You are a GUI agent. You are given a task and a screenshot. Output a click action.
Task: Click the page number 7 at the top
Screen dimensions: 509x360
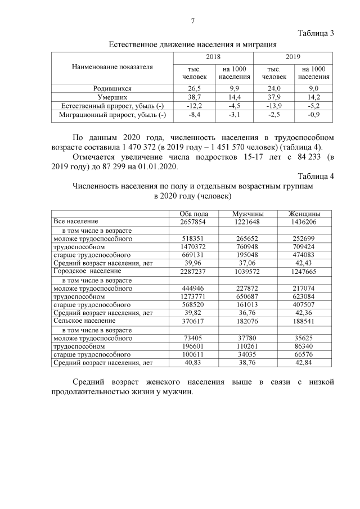192,21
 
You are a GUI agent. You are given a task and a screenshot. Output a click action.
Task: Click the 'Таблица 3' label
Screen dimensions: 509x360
316,33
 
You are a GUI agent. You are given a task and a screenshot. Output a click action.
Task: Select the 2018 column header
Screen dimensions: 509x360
213,57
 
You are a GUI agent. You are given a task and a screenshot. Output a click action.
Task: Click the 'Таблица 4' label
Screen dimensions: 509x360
316,177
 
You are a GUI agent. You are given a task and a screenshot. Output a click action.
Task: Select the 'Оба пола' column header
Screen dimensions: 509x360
193,214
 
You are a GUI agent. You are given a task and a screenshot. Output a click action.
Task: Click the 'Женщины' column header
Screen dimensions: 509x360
304,214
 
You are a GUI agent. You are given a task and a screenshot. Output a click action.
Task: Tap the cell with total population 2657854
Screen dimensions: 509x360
193,222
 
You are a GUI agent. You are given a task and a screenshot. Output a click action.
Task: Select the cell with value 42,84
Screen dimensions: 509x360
304,363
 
